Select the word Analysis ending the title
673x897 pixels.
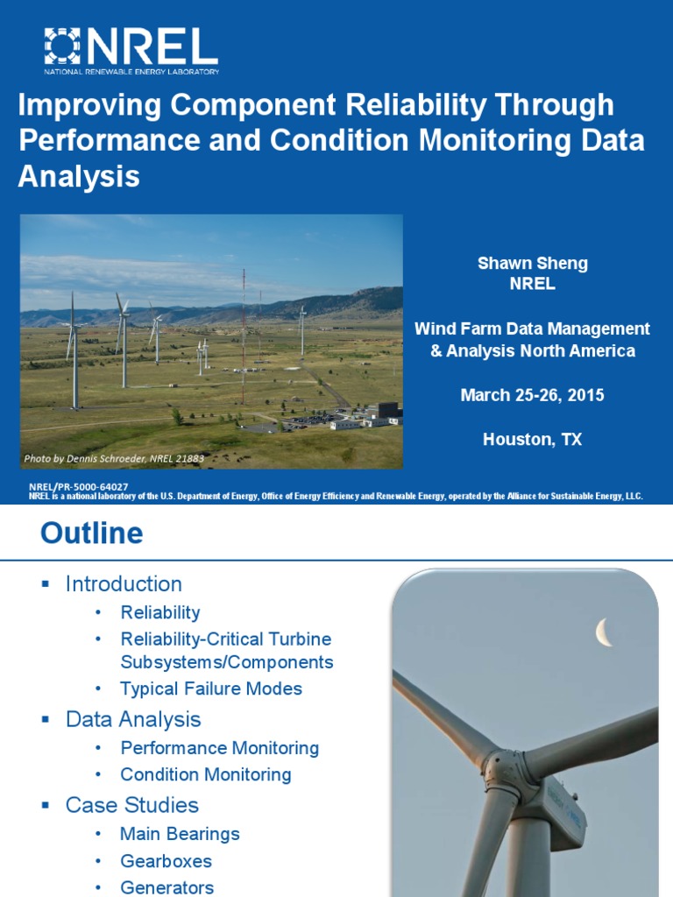point(79,176)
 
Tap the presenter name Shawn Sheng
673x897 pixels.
point(532,263)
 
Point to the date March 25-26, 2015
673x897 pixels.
point(532,395)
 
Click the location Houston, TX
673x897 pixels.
point(532,440)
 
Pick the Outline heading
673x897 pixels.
point(91,533)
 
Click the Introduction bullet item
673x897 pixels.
point(124,584)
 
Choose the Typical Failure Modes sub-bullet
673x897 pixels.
point(211,689)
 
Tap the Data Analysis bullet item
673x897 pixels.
point(133,720)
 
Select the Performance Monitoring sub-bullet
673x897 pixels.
point(219,748)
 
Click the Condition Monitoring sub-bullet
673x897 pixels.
point(205,774)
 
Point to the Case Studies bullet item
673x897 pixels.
point(132,805)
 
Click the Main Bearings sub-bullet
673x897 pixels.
point(180,834)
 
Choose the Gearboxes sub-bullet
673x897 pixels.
point(166,861)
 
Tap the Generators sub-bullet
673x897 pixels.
point(166,887)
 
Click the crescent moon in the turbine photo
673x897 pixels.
point(604,631)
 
